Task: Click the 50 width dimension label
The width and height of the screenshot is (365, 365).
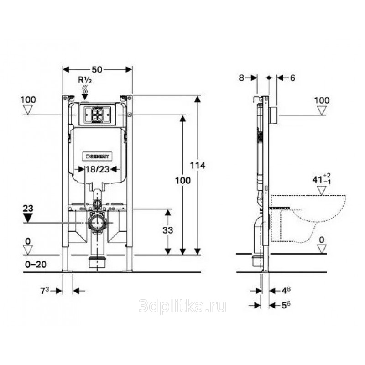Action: [97, 69]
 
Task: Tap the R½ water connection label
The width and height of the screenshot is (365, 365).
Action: [85, 80]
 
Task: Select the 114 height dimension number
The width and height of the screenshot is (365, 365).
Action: [198, 166]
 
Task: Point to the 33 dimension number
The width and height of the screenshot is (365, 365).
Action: [167, 230]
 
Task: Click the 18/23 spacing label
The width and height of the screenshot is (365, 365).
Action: [98, 169]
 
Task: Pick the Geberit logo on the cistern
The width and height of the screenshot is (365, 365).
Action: [97, 156]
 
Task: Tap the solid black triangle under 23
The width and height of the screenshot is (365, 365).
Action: [28, 218]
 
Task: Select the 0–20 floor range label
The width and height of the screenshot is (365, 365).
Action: [36, 265]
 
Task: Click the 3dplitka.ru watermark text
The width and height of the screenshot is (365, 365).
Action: [182, 306]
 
